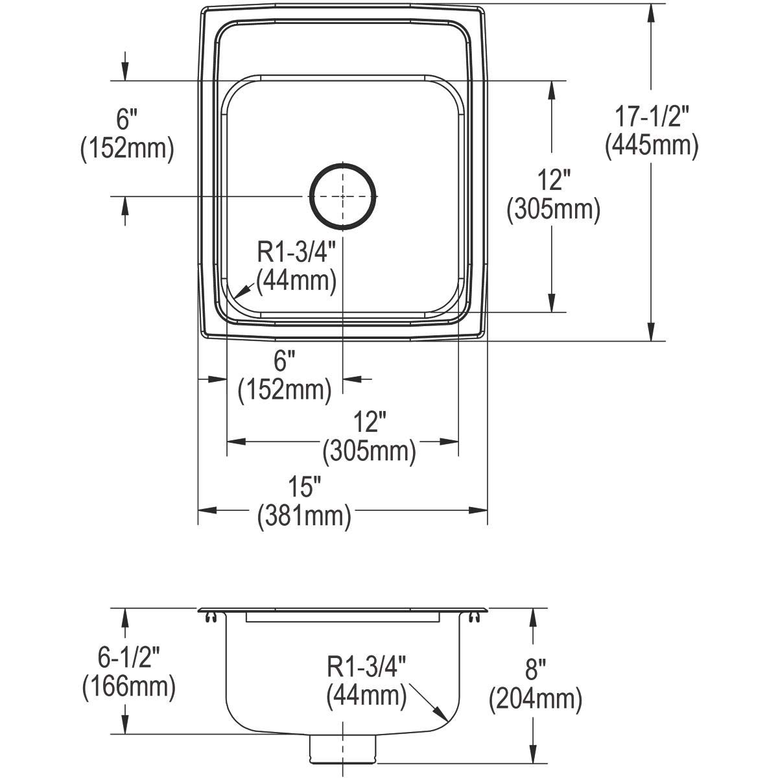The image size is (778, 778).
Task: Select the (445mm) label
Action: (x=651, y=146)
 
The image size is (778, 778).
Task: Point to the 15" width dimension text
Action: (x=304, y=486)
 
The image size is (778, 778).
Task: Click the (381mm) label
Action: (x=304, y=515)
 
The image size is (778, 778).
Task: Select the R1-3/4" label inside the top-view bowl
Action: (x=296, y=252)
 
